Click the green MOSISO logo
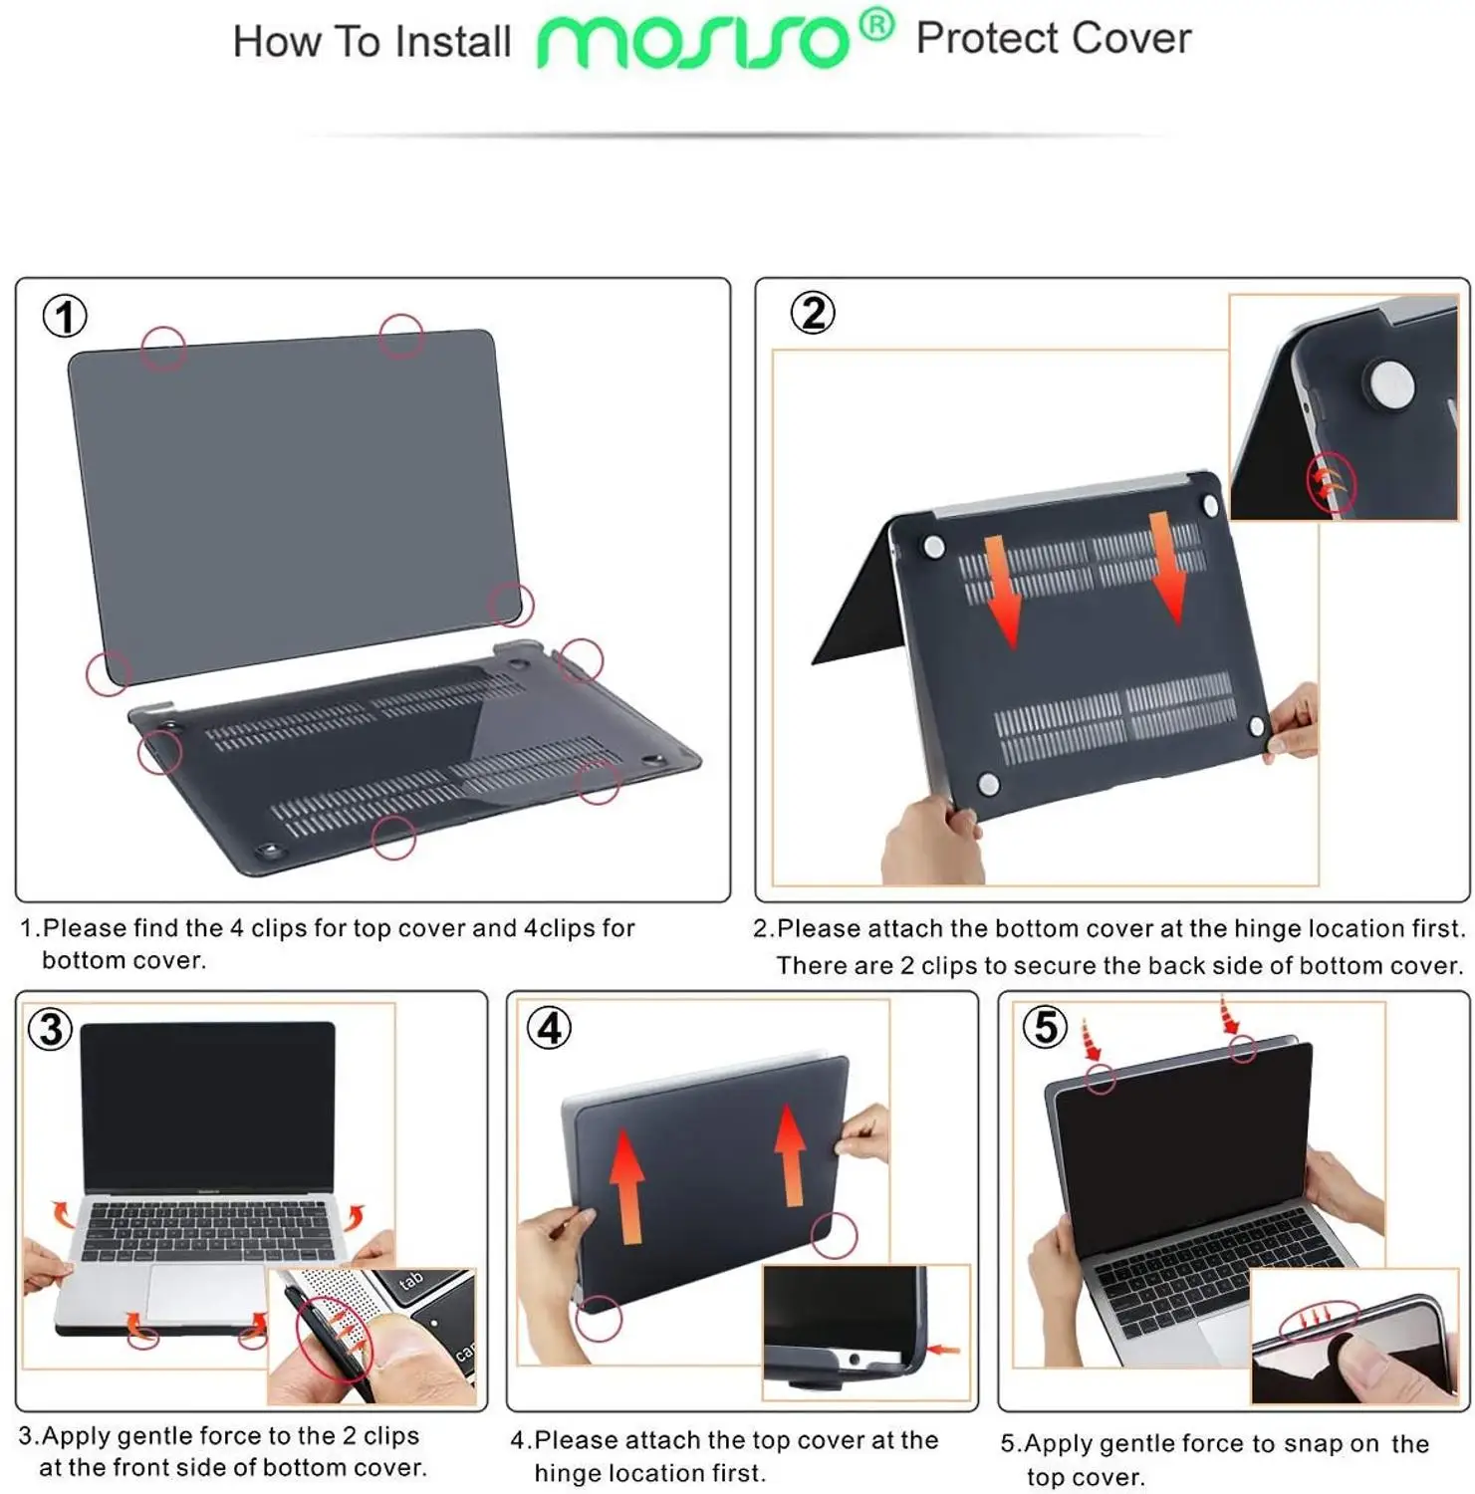pos(692,42)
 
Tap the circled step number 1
pos(65,317)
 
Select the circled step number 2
pos(813,313)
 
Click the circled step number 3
pos(51,1029)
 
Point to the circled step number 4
pos(549,1028)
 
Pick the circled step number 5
pos(1045,1026)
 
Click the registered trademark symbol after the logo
pos(876,24)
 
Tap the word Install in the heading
pos(452,42)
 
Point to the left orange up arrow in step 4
pos(627,1185)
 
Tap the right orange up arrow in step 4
pos(791,1155)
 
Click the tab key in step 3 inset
pos(411,1281)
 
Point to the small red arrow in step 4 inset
pos(942,1351)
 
